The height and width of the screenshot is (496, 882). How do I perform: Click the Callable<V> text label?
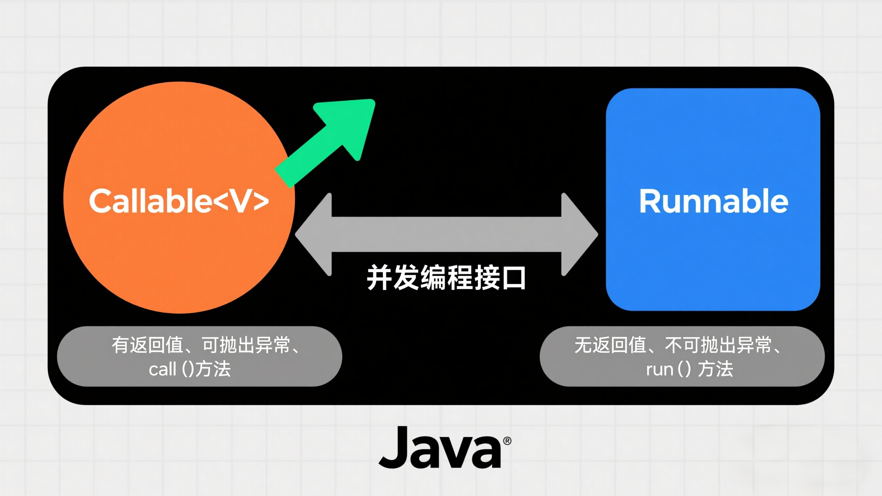[179, 200]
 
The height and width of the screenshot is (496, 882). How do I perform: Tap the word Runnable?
[714, 201]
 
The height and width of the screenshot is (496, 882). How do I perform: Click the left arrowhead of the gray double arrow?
[314, 234]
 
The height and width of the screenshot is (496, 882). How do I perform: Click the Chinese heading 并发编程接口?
[446, 278]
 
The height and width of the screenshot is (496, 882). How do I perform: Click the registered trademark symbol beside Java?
[507, 441]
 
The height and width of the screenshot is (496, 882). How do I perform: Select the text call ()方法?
[189, 369]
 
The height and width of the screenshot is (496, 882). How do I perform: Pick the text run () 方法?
[689, 369]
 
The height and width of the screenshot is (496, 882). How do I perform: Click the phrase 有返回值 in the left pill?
[147, 345]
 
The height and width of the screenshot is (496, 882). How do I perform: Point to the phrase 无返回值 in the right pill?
[610, 345]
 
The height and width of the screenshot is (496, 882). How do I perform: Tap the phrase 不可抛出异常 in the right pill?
[718, 345]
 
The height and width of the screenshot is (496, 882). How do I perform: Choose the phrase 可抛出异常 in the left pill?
[246, 345]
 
